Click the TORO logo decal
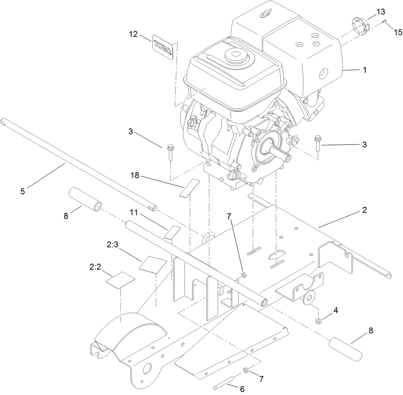(x=163, y=47)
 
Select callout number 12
(x=133, y=34)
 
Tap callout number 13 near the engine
(x=380, y=12)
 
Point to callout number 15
(x=398, y=32)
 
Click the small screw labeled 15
(x=385, y=21)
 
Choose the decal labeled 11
(x=172, y=232)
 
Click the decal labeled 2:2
(x=120, y=279)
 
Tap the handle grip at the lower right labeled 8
(x=346, y=347)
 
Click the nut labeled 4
(x=319, y=320)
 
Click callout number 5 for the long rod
(x=23, y=191)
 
